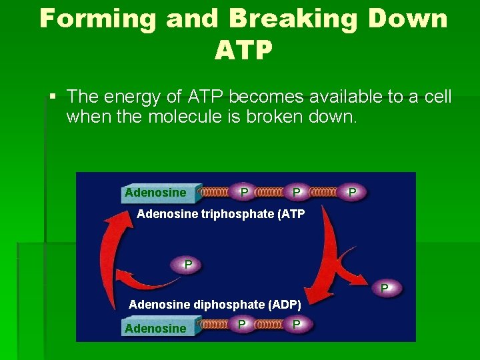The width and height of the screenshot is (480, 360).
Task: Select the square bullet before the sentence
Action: point(53,97)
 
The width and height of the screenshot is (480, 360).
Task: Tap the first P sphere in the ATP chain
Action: point(245,192)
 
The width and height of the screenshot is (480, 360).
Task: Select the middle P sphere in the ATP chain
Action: point(297,192)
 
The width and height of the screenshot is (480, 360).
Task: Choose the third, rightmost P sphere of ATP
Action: point(353,192)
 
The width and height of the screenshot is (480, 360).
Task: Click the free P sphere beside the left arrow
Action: point(189,265)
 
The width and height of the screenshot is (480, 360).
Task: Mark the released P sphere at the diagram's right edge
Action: point(384,288)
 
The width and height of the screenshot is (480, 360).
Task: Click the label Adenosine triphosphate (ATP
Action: point(221,214)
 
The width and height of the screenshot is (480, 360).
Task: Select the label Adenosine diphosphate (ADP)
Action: point(215,305)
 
